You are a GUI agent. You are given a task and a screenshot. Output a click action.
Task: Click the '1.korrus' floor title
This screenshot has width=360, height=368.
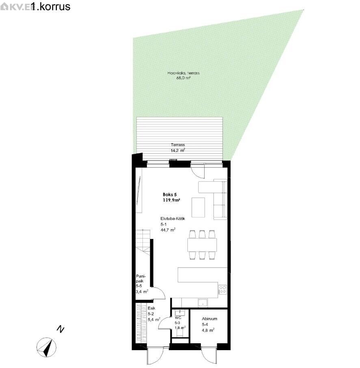point(51,6)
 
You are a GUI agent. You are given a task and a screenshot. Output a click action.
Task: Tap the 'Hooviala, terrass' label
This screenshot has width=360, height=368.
point(183,73)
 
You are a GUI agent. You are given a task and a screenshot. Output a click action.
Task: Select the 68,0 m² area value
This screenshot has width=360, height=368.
point(183,78)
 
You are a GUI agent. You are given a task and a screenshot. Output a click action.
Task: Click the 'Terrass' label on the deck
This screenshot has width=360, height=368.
point(178,145)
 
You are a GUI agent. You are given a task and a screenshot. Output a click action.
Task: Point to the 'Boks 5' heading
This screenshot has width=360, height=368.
point(170,195)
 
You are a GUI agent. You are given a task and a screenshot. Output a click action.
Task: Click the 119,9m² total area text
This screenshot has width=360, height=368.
point(171,200)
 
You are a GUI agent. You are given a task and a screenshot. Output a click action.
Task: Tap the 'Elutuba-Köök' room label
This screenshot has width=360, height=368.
point(172,219)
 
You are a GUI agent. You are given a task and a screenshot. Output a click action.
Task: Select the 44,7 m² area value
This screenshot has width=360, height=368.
point(168,230)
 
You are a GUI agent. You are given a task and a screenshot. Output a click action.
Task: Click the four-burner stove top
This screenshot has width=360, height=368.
point(223,290)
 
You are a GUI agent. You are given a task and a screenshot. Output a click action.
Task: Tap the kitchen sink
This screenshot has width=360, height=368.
point(203,303)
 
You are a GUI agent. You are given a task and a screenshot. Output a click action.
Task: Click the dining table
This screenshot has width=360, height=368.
point(202,245)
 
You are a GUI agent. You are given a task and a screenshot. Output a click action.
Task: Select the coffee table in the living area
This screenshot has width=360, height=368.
point(198,207)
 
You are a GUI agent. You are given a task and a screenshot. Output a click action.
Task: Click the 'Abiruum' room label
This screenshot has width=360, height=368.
point(209,319)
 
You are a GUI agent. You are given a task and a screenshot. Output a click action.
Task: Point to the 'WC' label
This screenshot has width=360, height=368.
point(178,318)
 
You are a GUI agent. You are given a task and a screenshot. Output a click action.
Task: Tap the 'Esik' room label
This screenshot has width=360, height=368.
point(151,308)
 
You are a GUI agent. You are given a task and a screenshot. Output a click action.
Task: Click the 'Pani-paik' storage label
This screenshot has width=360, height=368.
point(141,279)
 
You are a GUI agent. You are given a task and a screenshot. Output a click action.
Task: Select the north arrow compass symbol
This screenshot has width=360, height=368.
point(47,347)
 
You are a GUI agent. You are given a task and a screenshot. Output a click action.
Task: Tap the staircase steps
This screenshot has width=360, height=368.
point(143,241)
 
